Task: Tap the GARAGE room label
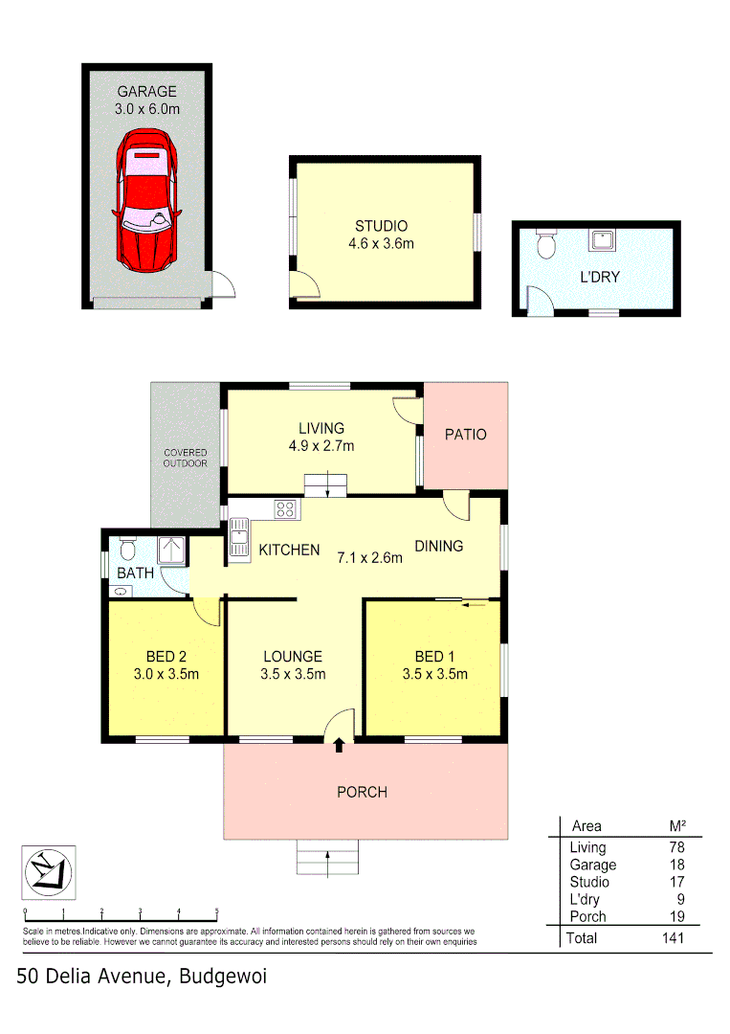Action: (146, 92)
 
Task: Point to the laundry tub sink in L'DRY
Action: (604, 239)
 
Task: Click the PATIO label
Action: (465, 435)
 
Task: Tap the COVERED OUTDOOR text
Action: (185, 458)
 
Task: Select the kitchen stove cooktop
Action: (284, 509)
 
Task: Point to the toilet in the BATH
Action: (129, 550)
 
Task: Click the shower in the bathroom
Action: (171, 551)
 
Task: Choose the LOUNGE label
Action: (293, 657)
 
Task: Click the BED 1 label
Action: (435, 657)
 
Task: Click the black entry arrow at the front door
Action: (339, 746)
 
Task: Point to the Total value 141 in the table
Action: (672, 938)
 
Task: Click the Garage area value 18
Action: (676, 865)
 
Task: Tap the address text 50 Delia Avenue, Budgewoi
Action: (142, 977)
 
